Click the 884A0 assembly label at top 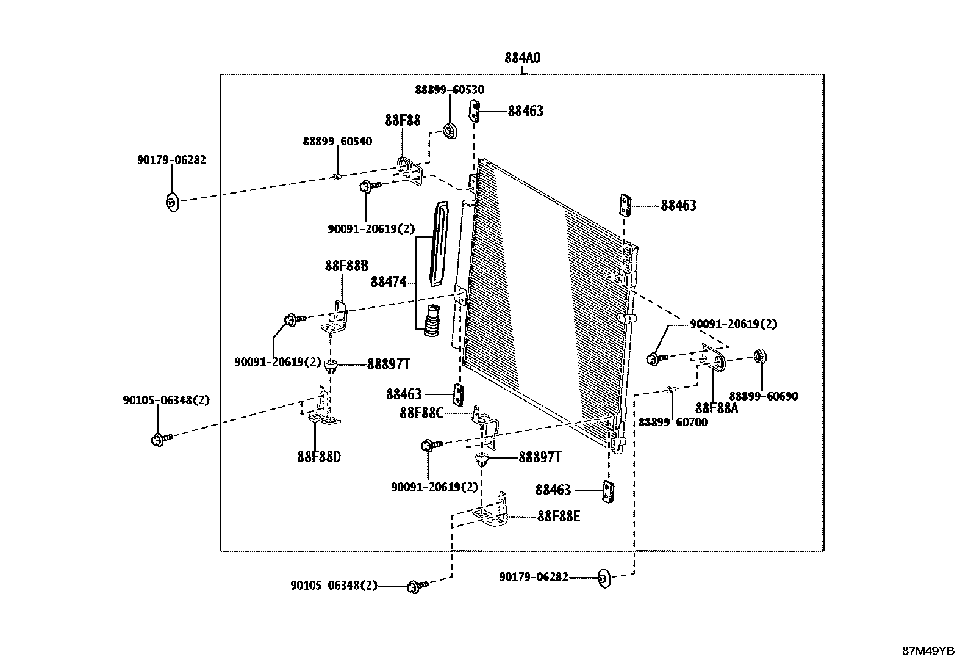click(522, 58)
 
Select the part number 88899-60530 click(450, 90)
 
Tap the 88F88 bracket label click(403, 120)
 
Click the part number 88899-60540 click(337, 141)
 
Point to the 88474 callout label click(389, 282)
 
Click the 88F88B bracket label click(346, 266)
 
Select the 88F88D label click(319, 457)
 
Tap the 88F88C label click(421, 413)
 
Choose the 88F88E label click(559, 517)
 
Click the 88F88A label click(716, 408)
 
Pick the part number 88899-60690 click(764, 396)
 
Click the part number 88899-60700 click(673, 422)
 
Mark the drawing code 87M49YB click(928, 651)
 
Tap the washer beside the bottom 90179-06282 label click(603, 578)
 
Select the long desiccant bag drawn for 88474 click(439, 244)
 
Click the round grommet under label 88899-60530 click(450, 130)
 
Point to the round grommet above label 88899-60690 click(760, 357)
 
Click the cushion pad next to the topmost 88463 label click(476, 112)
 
